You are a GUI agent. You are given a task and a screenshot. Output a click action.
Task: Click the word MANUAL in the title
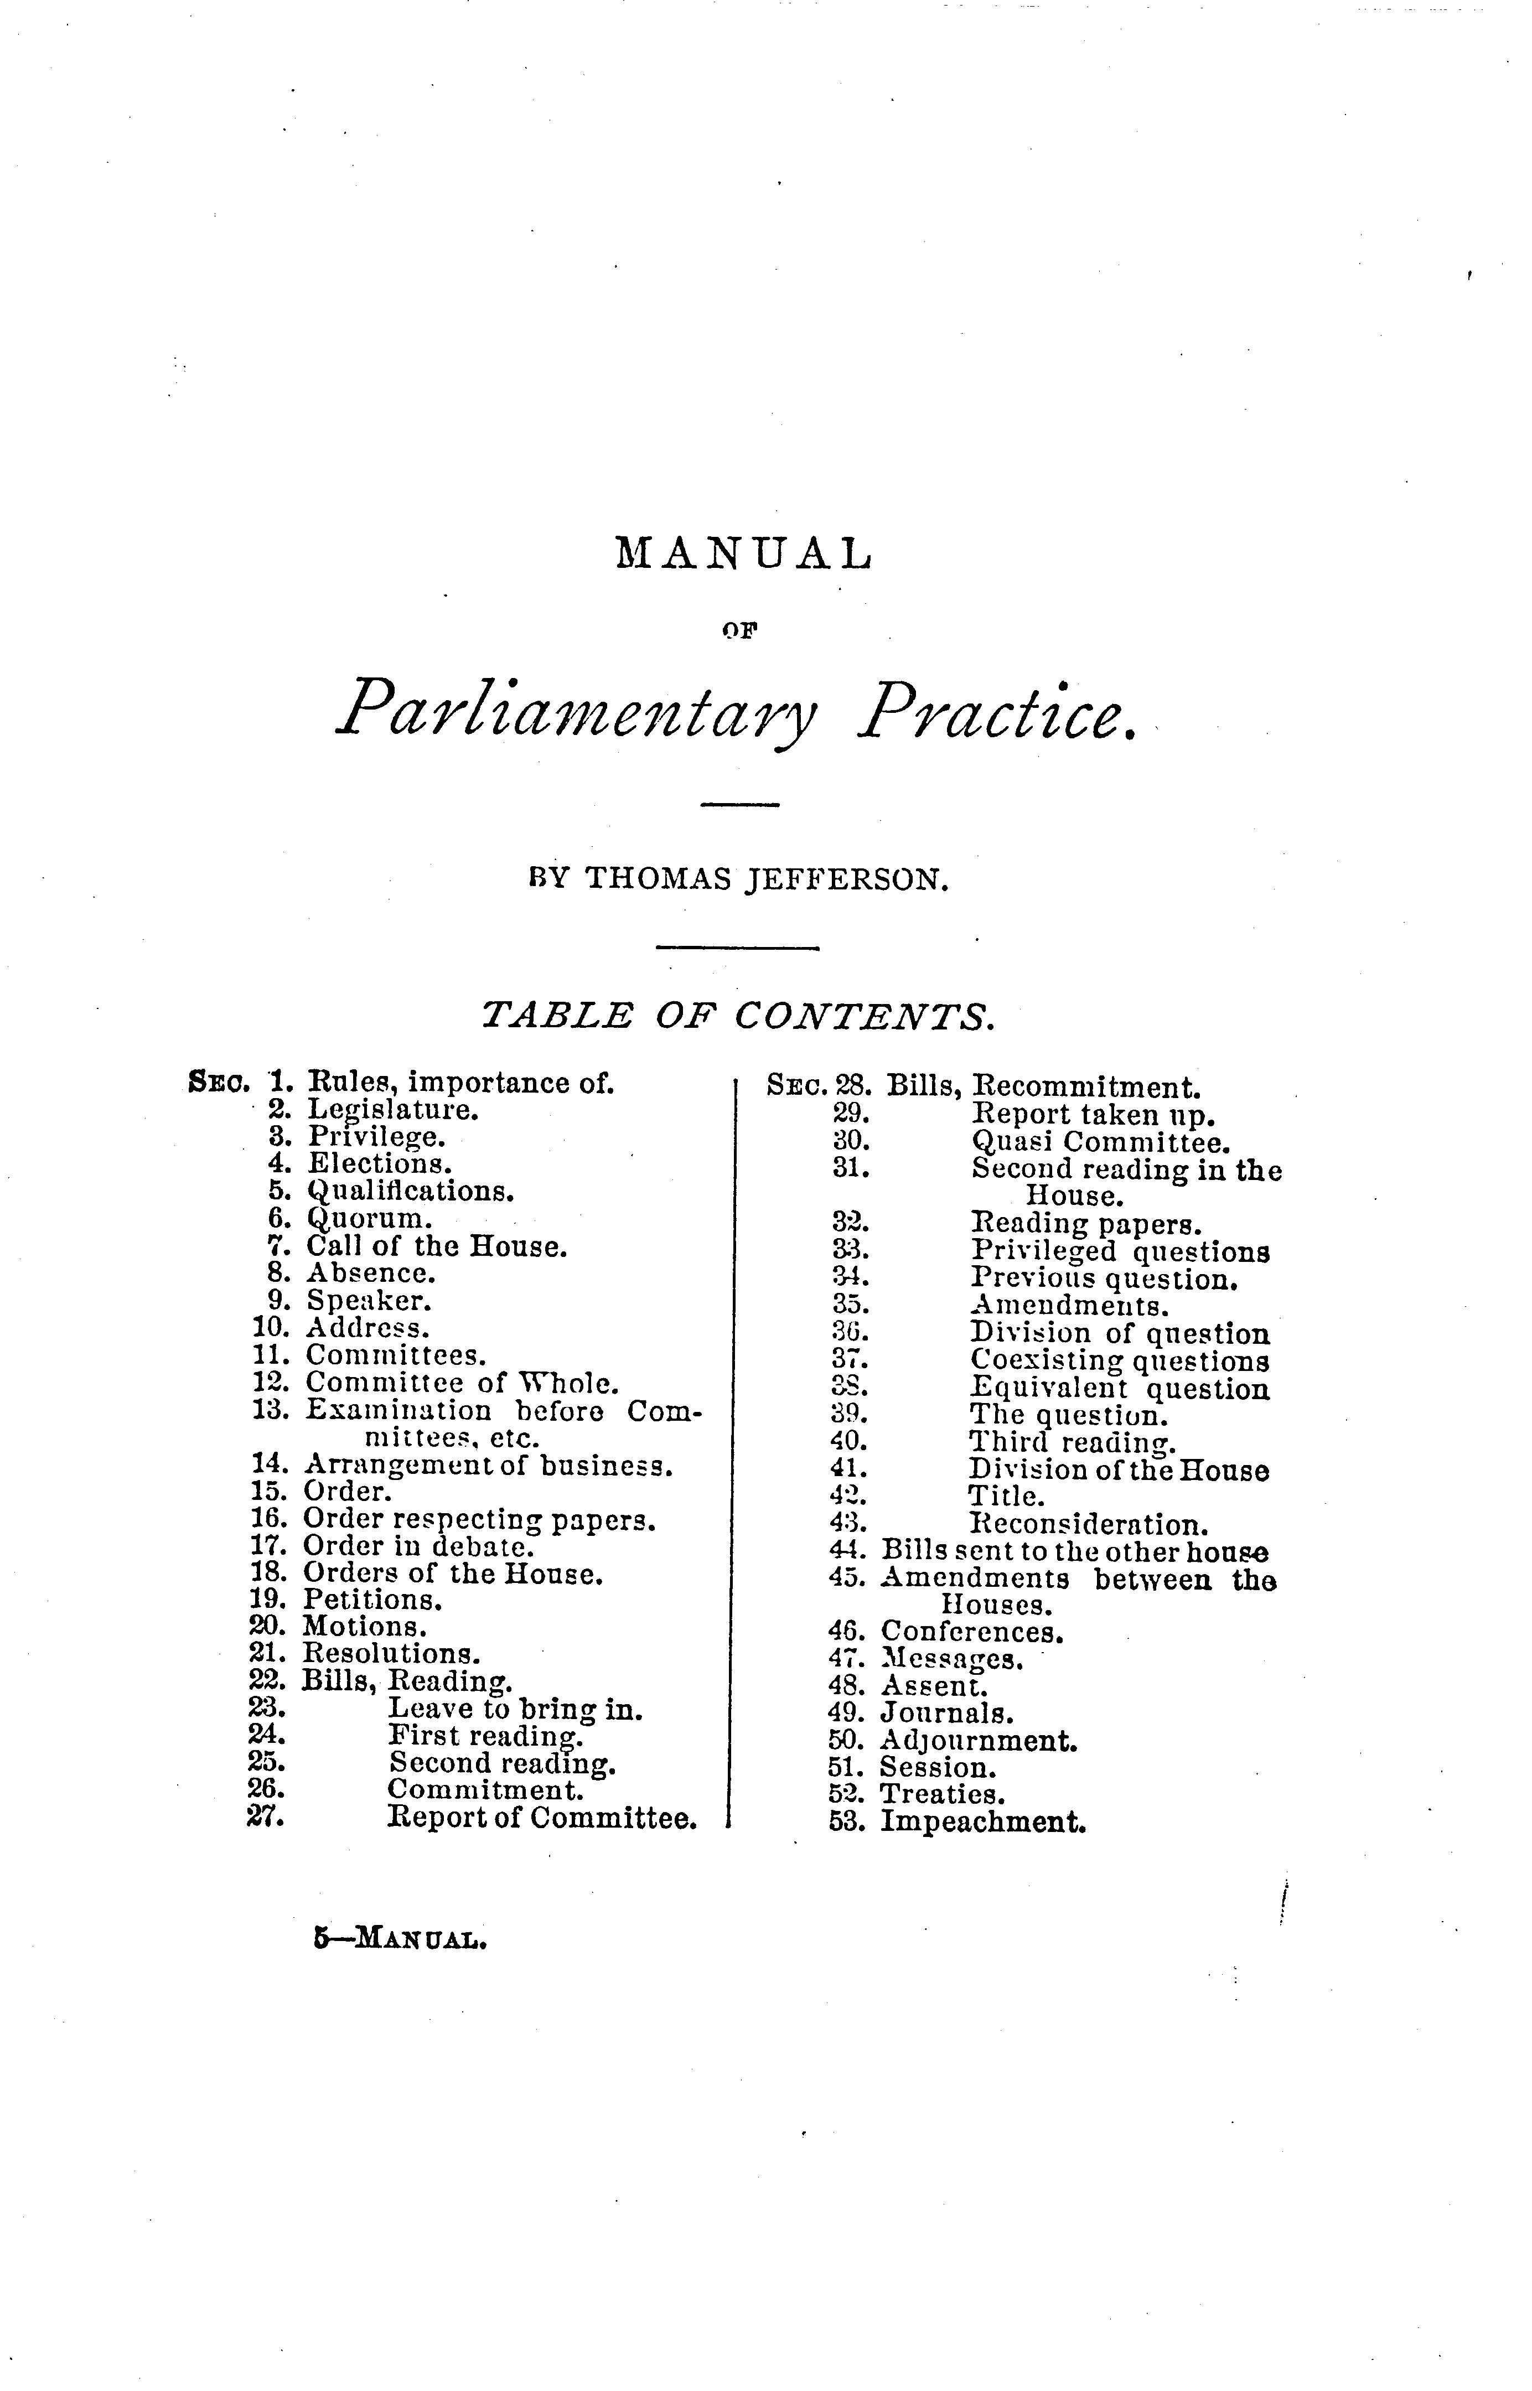tap(744, 553)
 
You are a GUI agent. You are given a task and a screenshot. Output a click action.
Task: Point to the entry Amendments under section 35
tap(1069, 1305)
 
